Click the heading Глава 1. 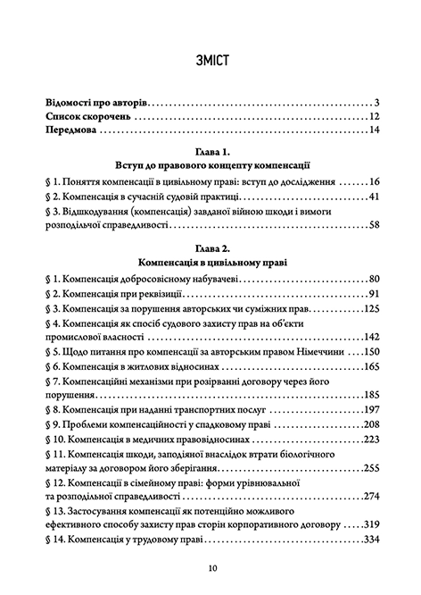coord(211,151)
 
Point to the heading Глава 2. coord(211,248)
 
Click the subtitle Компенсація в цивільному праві coord(211,263)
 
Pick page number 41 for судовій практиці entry coord(376,197)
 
